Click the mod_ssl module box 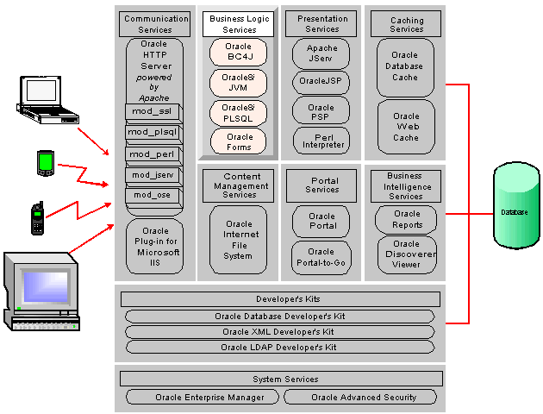pyautogui.click(x=153, y=111)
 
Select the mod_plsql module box pyautogui.click(x=153, y=132)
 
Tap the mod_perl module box pyautogui.click(x=153, y=154)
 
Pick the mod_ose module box pyautogui.click(x=153, y=195)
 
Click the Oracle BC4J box pyautogui.click(x=238, y=52)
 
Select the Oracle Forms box pyautogui.click(x=238, y=141)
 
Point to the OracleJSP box pyautogui.click(x=321, y=82)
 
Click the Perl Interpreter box pyautogui.click(x=321, y=141)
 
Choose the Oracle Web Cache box pyautogui.click(x=406, y=127)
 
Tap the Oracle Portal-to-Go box pyautogui.click(x=321, y=257)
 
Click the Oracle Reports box pyautogui.click(x=406, y=220)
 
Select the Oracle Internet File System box pyautogui.click(x=238, y=240)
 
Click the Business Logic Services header pyautogui.click(x=238, y=24)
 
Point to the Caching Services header pyautogui.click(x=406, y=24)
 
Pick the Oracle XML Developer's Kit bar pyautogui.click(x=280, y=332)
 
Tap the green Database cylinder pyautogui.click(x=516, y=205)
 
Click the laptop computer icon pyautogui.click(x=47, y=100)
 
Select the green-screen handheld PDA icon pyautogui.click(x=46, y=163)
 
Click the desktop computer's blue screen pyautogui.click(x=46, y=287)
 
